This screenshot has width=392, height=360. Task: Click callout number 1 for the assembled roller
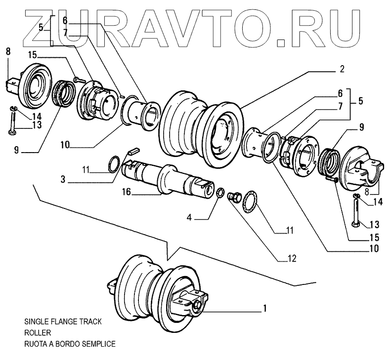point(265,309)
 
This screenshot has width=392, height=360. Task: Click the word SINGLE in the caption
point(37,321)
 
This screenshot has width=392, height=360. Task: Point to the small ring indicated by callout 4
point(221,192)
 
